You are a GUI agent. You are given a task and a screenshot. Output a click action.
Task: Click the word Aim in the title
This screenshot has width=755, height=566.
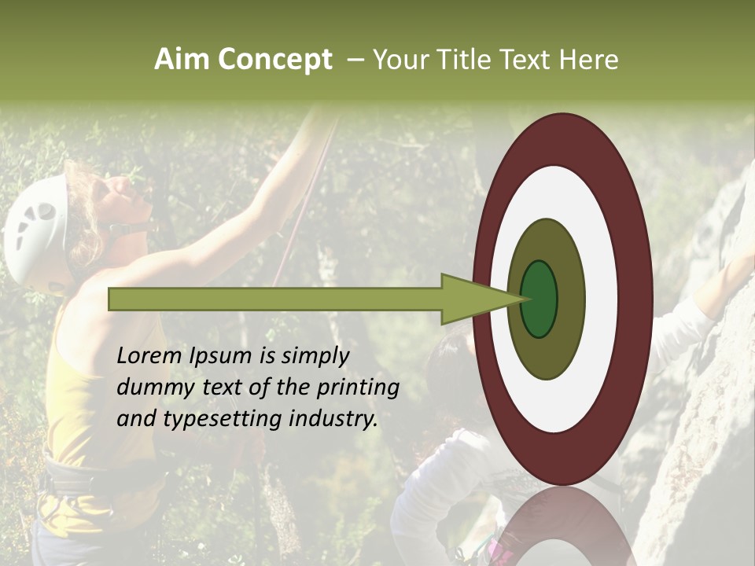[182, 60]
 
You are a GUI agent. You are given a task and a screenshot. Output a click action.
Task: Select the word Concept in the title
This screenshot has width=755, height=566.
[275, 60]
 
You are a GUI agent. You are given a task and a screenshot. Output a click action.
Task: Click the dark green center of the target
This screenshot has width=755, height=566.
[540, 300]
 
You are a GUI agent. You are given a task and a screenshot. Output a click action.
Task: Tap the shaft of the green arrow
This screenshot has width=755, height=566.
[275, 300]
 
